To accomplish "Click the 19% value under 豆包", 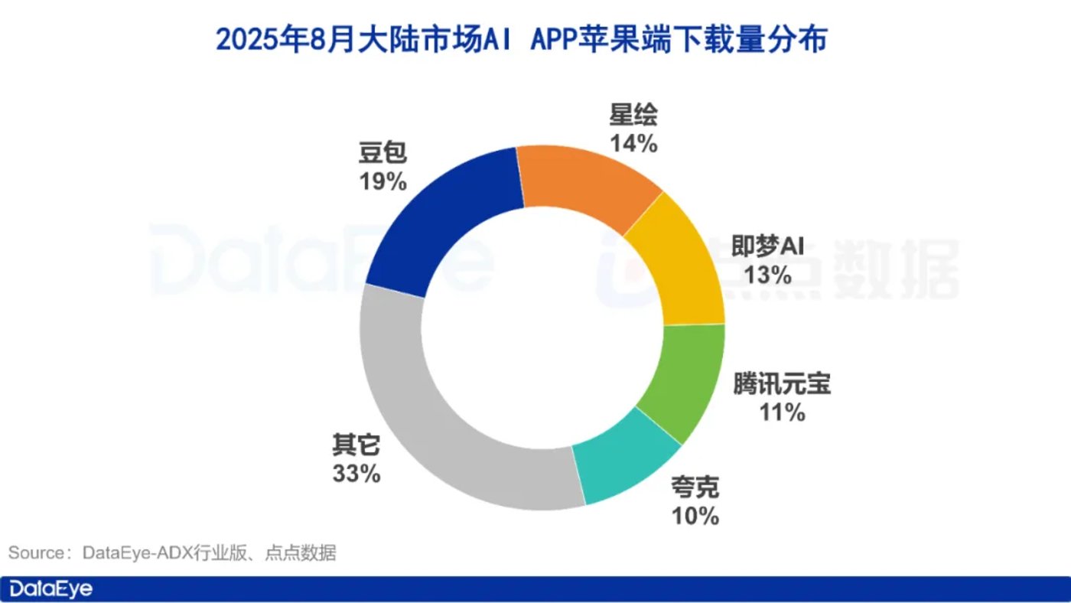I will coord(382,182).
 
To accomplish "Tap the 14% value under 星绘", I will coord(633,143).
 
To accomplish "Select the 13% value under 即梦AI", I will coord(767,275).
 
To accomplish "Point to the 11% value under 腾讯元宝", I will coord(782,412).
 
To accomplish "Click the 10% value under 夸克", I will coord(695,516).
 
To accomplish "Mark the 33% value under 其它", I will coord(356,474).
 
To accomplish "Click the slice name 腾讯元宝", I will coord(782,384).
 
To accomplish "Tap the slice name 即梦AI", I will coord(767,246).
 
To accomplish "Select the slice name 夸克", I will coord(695,487).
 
